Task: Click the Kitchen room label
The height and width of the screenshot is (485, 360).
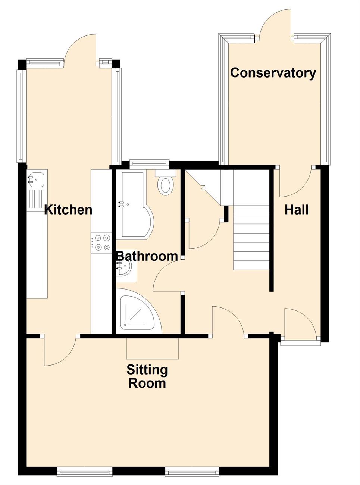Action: coord(68,210)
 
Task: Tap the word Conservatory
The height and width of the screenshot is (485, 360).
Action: coord(273,73)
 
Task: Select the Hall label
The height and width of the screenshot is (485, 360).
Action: coord(296,210)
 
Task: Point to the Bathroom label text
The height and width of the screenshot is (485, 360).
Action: coord(147,256)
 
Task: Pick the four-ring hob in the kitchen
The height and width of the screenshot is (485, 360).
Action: coord(101,242)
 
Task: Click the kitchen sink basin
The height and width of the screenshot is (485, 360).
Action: coord(37,179)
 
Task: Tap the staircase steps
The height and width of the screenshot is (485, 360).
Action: coord(251,238)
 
